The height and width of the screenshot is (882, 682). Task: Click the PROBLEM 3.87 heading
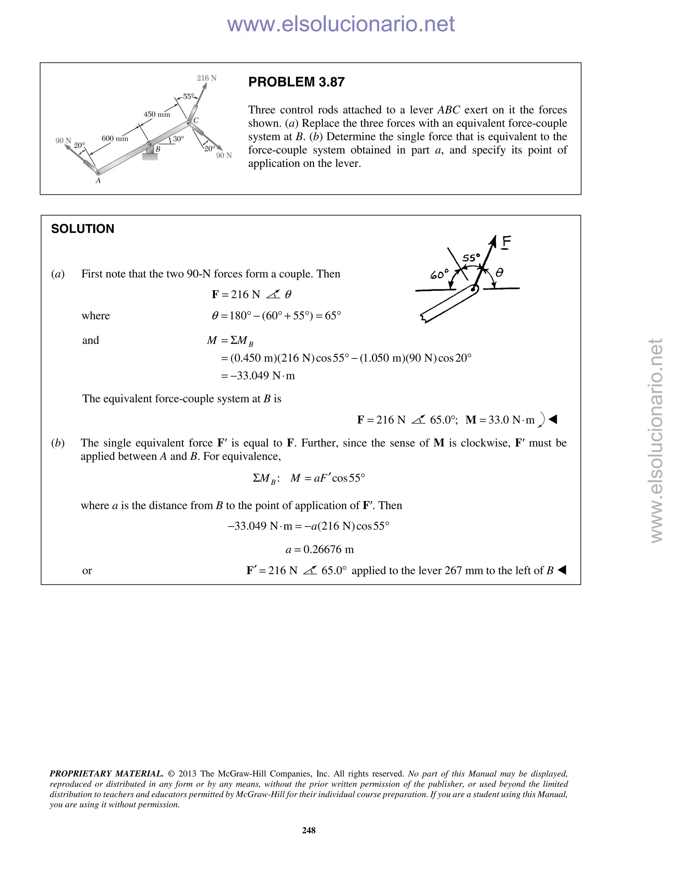click(296, 82)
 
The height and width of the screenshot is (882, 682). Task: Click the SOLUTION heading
click(83, 229)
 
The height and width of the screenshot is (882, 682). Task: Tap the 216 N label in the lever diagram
click(206, 78)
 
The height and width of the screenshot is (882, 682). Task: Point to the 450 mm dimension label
click(157, 114)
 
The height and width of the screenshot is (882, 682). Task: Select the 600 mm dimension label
click(115, 138)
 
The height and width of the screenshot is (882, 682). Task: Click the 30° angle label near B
click(178, 138)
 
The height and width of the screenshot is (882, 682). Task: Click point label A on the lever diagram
click(98, 181)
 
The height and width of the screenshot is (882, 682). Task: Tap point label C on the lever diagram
click(196, 120)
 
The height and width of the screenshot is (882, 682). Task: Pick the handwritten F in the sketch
click(506, 242)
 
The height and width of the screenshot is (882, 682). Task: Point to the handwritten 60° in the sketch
click(439, 275)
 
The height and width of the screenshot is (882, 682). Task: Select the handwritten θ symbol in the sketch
click(500, 273)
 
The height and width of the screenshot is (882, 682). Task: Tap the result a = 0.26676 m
click(320, 549)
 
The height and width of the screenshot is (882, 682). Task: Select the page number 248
click(309, 830)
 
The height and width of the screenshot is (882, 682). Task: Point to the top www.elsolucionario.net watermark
click(341, 24)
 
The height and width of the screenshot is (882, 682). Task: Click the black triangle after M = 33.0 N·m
click(553, 420)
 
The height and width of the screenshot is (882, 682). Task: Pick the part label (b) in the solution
click(58, 443)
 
